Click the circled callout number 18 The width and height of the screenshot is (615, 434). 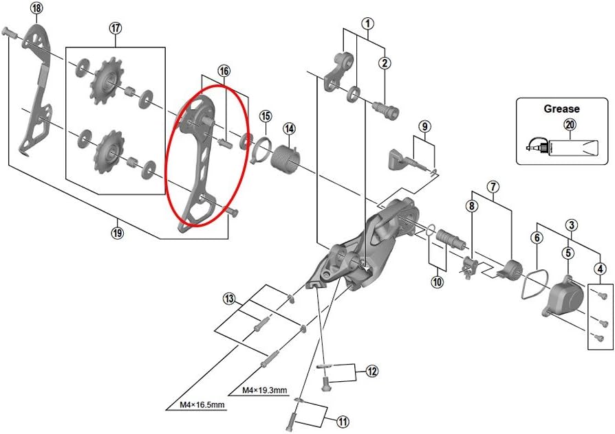coord(36,8)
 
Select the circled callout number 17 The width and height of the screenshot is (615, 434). coord(116,28)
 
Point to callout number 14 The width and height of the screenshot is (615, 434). coord(289,128)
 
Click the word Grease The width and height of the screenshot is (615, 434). coord(561,108)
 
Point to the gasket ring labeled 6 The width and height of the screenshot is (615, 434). coord(530,283)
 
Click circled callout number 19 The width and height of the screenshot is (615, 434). coord(117,231)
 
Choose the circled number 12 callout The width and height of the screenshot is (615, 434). coord(372,372)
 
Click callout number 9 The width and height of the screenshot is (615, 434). coord(424,126)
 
